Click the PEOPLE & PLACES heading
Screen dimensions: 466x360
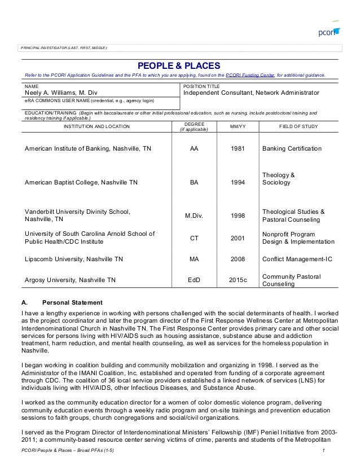click(x=179, y=66)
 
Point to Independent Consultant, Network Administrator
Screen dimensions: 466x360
click(x=252, y=93)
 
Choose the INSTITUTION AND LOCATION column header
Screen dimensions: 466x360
click(x=96, y=126)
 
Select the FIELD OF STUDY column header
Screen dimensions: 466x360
click(x=298, y=126)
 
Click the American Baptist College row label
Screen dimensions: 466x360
click(x=81, y=183)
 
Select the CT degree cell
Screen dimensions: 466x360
click(x=194, y=238)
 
